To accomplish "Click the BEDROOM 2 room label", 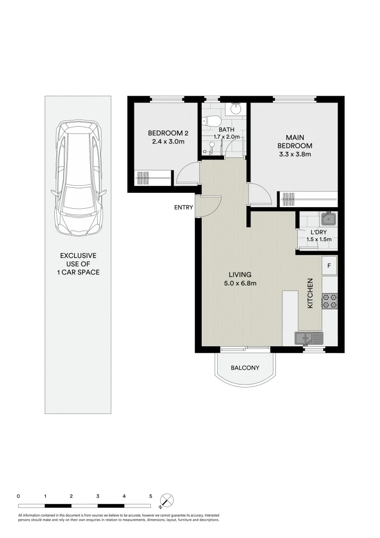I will click(168, 137).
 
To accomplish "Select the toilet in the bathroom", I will click(211, 121).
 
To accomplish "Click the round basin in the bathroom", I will click(236, 109).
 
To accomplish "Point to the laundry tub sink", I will click(329, 219).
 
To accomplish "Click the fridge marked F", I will click(329, 266).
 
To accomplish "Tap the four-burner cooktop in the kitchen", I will click(329, 301).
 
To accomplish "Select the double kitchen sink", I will click(308, 339).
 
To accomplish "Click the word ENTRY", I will click(183, 207).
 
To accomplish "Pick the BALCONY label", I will click(245, 368).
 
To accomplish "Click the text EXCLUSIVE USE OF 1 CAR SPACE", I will click(78, 264).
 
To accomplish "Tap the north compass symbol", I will click(167, 500).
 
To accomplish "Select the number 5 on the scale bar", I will click(150, 496).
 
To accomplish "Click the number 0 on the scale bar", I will click(18, 496).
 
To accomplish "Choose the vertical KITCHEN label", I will click(310, 293).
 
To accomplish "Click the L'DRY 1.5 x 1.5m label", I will click(318, 236).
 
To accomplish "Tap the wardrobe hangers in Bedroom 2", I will click(143, 178).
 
